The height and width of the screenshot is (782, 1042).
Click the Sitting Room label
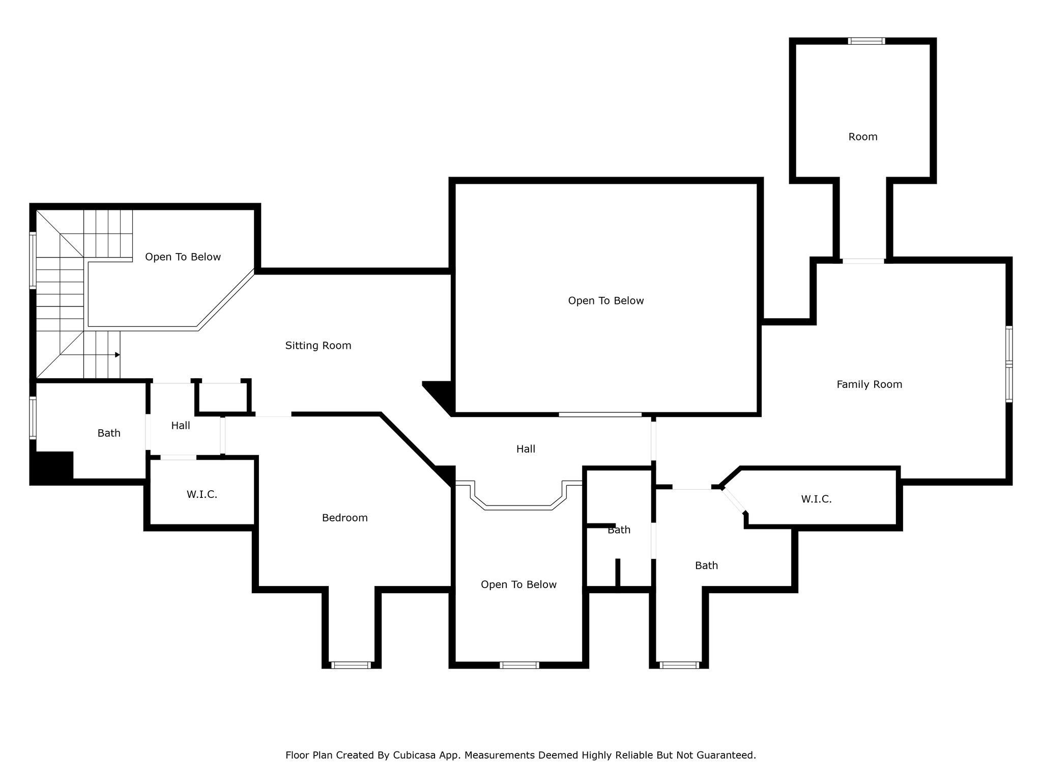318,346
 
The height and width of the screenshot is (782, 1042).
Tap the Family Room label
870,384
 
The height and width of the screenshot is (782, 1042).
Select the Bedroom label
344,518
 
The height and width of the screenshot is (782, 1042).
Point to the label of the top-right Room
863,136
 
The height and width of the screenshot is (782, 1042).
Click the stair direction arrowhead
118,355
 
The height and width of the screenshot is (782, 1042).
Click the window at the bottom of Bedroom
351,665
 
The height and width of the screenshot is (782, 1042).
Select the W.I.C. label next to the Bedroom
202,494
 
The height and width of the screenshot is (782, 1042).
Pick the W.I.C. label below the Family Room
816,499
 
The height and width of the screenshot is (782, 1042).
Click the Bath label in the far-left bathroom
109,433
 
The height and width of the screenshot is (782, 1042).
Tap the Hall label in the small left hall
181,426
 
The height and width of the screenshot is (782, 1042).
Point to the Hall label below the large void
526,449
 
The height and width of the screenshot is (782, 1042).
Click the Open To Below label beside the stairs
183,257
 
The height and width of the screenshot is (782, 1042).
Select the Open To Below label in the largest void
606,301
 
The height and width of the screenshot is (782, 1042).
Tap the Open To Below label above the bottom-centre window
518,585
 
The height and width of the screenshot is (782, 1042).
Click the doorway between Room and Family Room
863,261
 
